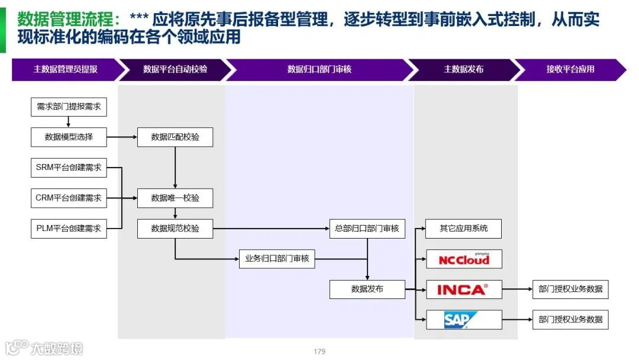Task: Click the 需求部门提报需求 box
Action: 69,107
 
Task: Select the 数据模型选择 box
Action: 69,137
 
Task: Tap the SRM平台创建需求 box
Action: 69,168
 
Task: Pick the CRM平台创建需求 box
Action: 69,198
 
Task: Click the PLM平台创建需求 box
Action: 69,229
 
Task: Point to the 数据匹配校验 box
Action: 175,137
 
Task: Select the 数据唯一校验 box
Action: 175,198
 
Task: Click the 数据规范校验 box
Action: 175,229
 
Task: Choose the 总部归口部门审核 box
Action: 367,229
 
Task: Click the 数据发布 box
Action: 367,289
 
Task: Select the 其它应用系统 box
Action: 464,229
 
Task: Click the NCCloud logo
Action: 464,259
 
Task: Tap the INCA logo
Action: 464,290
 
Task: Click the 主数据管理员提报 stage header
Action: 66,69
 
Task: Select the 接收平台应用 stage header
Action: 570,69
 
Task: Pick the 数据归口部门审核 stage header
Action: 319,69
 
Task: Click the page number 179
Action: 319,352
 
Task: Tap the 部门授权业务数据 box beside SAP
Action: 570,320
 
